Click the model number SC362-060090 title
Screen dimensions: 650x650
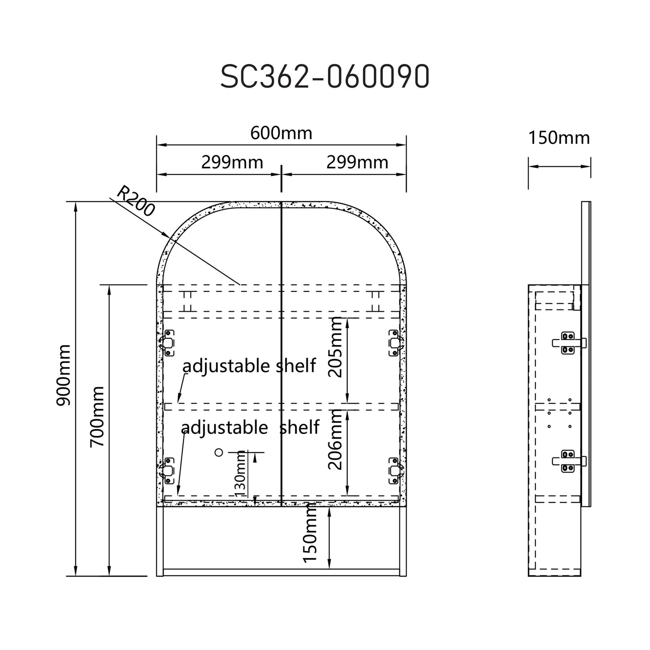[325, 77]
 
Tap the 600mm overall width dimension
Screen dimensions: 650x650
[281, 133]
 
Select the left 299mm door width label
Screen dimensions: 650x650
[232, 162]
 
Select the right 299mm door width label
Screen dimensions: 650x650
[357, 162]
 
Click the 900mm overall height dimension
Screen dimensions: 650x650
[63, 375]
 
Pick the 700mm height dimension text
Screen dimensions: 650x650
[97, 416]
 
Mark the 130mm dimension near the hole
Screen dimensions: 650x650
[241, 473]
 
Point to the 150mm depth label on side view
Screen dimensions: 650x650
[558, 138]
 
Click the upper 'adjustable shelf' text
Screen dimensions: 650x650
[249, 366]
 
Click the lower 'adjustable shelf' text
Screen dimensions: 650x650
[251, 427]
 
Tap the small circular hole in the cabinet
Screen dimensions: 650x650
[219, 453]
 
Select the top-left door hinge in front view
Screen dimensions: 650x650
[167, 343]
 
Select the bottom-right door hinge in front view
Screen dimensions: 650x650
[394, 471]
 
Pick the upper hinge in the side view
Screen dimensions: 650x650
[568, 343]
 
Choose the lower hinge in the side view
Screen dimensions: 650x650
[568, 462]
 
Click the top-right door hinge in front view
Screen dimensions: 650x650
[394, 343]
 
